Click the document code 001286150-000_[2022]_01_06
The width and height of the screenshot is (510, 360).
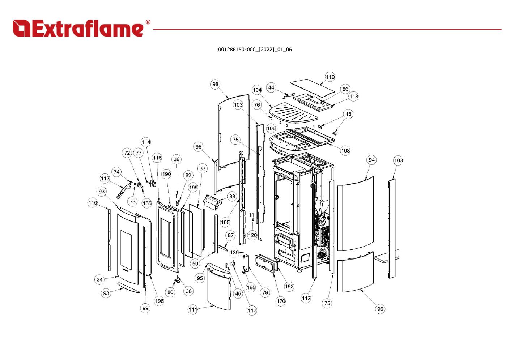point(255,50)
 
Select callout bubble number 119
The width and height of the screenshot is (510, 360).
point(330,77)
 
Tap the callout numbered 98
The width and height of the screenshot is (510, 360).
point(215,85)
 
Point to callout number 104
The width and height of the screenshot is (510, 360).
point(257,90)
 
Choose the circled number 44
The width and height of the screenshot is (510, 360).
point(271,87)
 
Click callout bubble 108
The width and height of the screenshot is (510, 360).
point(345,151)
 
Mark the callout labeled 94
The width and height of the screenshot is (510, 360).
point(372,160)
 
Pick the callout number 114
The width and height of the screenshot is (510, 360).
point(146,142)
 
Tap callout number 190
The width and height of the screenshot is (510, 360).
point(166,174)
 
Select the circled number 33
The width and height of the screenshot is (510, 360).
point(203,168)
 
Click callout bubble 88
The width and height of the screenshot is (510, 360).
point(232,197)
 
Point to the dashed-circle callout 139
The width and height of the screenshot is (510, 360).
point(234,253)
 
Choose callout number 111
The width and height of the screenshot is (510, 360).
point(193,309)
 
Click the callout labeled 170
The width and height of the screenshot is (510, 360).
point(281,301)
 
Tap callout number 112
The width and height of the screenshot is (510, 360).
point(306,298)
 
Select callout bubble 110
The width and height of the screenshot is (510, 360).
point(93,203)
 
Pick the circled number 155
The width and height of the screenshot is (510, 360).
point(147,203)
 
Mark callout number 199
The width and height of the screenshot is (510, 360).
point(193,188)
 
